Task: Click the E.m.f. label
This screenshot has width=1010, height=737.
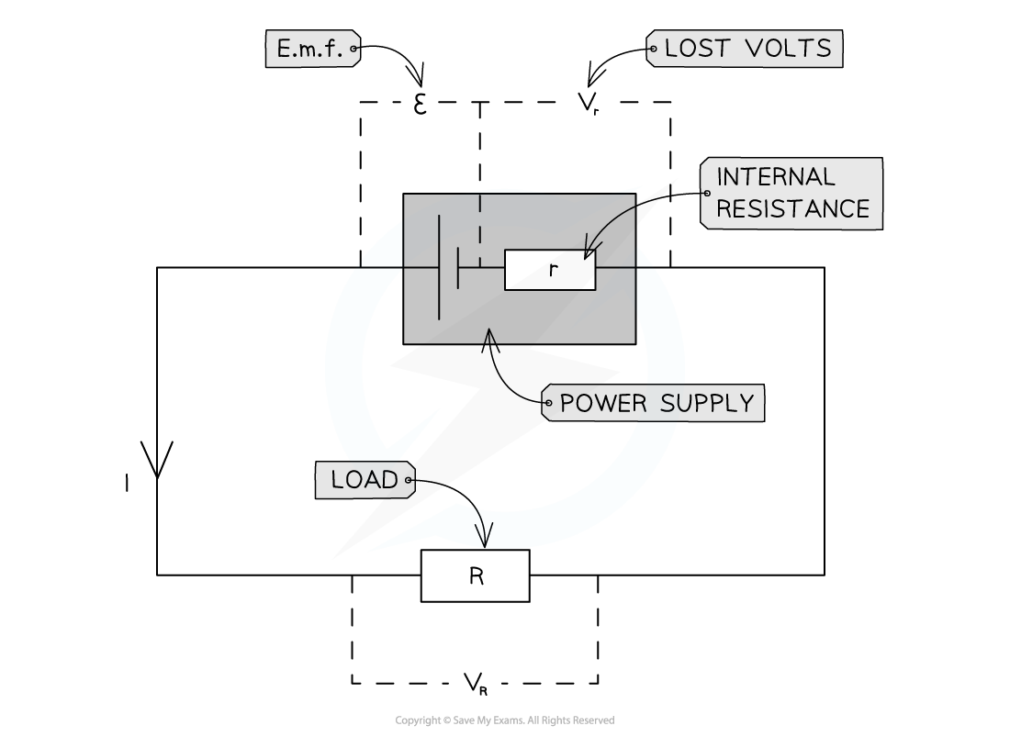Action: [x=310, y=49]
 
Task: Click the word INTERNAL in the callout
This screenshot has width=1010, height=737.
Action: [x=775, y=176]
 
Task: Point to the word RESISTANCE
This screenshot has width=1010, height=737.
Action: [x=792, y=209]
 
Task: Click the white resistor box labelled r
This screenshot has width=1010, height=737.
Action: [x=550, y=270]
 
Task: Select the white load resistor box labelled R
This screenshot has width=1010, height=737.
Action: [x=475, y=576]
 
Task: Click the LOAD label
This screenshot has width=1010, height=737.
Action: [x=365, y=480]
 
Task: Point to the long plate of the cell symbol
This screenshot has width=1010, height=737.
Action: [x=439, y=267]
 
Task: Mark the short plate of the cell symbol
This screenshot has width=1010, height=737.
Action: [x=457, y=267]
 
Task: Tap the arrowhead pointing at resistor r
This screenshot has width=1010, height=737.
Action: [x=588, y=251]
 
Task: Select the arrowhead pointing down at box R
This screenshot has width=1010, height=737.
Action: [x=483, y=538]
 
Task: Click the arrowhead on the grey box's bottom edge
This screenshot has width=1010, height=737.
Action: [x=489, y=336]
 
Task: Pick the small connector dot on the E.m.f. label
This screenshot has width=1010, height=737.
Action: [x=353, y=49]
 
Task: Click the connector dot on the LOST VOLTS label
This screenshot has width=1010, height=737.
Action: [x=653, y=49]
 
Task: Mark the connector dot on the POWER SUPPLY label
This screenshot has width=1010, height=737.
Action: [x=548, y=403]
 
